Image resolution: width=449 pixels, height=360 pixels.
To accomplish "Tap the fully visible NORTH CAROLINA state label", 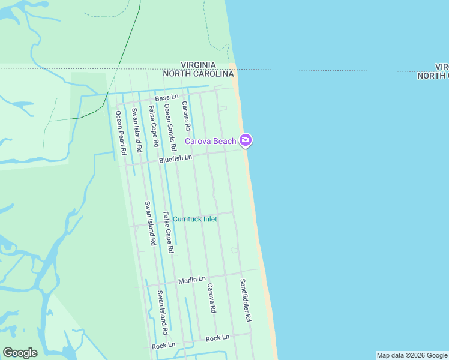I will (x=198, y=74).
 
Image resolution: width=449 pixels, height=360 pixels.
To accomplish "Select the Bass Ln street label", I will (x=167, y=97).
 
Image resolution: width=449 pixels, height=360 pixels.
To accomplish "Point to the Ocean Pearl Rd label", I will (x=120, y=133).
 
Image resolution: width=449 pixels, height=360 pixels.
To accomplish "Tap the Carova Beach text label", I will (x=210, y=141).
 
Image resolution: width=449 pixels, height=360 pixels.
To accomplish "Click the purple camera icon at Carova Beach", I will (x=246, y=141).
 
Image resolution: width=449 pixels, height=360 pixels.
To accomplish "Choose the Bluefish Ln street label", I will (x=175, y=159).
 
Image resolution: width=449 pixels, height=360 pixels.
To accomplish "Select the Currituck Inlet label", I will (x=195, y=219).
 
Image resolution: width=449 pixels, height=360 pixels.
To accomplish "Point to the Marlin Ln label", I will (x=192, y=280).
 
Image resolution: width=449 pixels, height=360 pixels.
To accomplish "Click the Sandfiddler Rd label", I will (x=246, y=299).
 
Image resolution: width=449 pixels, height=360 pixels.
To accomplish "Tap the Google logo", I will (x=20, y=353).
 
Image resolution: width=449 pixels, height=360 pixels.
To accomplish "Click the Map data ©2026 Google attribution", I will (x=412, y=355).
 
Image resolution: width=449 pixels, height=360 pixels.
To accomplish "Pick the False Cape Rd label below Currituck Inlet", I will (x=168, y=232).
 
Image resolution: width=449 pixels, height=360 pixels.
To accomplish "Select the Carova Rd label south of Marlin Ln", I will (x=211, y=299).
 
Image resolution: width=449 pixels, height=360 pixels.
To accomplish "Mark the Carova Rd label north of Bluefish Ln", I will (x=187, y=116).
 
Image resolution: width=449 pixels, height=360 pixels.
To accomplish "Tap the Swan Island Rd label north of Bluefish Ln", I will (x=137, y=129).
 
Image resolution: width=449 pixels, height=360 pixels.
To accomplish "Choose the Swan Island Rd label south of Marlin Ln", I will (x=162, y=313).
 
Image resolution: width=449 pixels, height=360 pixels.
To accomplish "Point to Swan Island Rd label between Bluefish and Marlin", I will (x=150, y=223).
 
